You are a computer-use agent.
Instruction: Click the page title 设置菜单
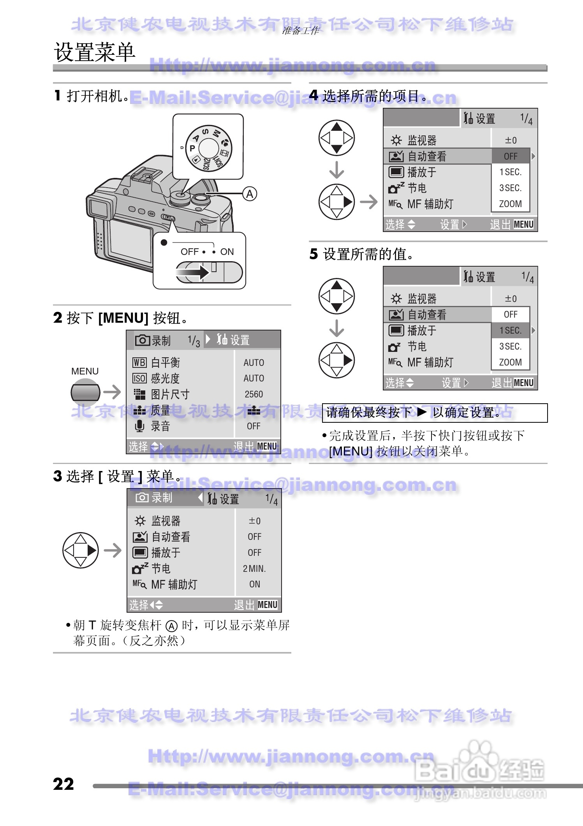point(94,52)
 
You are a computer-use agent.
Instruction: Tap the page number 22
point(63,784)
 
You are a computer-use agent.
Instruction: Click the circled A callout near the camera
point(250,194)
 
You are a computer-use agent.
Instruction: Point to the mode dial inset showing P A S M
point(208,147)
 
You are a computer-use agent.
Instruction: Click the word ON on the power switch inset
point(227,252)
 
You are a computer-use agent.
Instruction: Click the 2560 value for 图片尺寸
point(254,394)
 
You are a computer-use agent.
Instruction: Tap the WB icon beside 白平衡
point(139,363)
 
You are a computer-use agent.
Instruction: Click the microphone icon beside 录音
point(139,426)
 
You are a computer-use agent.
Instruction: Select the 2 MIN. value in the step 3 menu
point(254,569)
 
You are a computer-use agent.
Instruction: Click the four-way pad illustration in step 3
point(80,550)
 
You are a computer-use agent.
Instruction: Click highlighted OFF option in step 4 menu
point(511,156)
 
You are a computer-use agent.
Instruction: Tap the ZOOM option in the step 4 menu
point(510,204)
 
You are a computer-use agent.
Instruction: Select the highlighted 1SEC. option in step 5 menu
point(511,330)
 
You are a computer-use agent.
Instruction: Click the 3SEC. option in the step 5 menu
point(510,346)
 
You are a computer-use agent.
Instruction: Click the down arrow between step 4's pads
point(336,170)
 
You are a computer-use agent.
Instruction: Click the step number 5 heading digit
point(314,254)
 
